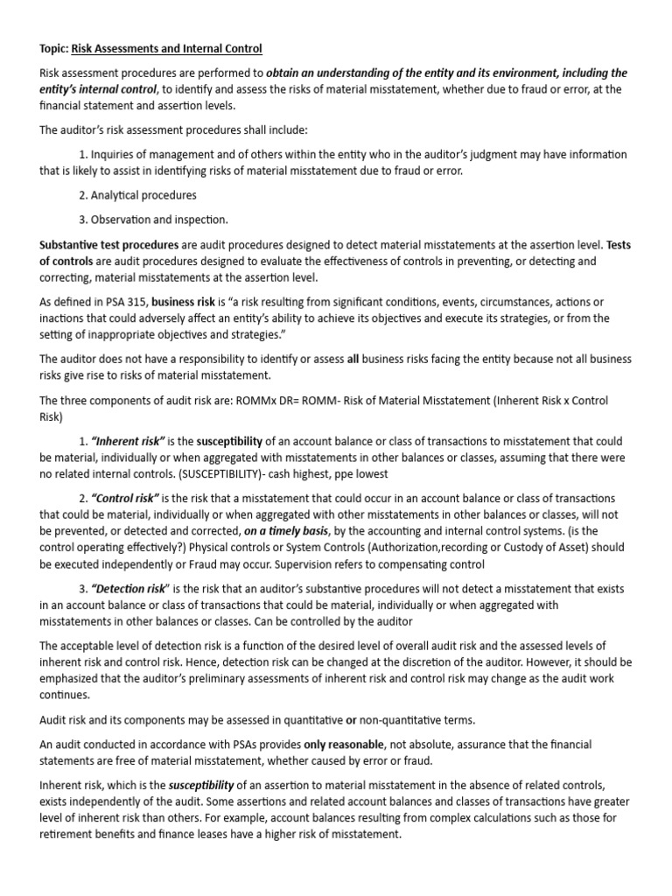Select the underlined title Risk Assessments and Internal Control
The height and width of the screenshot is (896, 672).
[x=166, y=48]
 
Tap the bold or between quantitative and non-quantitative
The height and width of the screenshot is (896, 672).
[x=351, y=719]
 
